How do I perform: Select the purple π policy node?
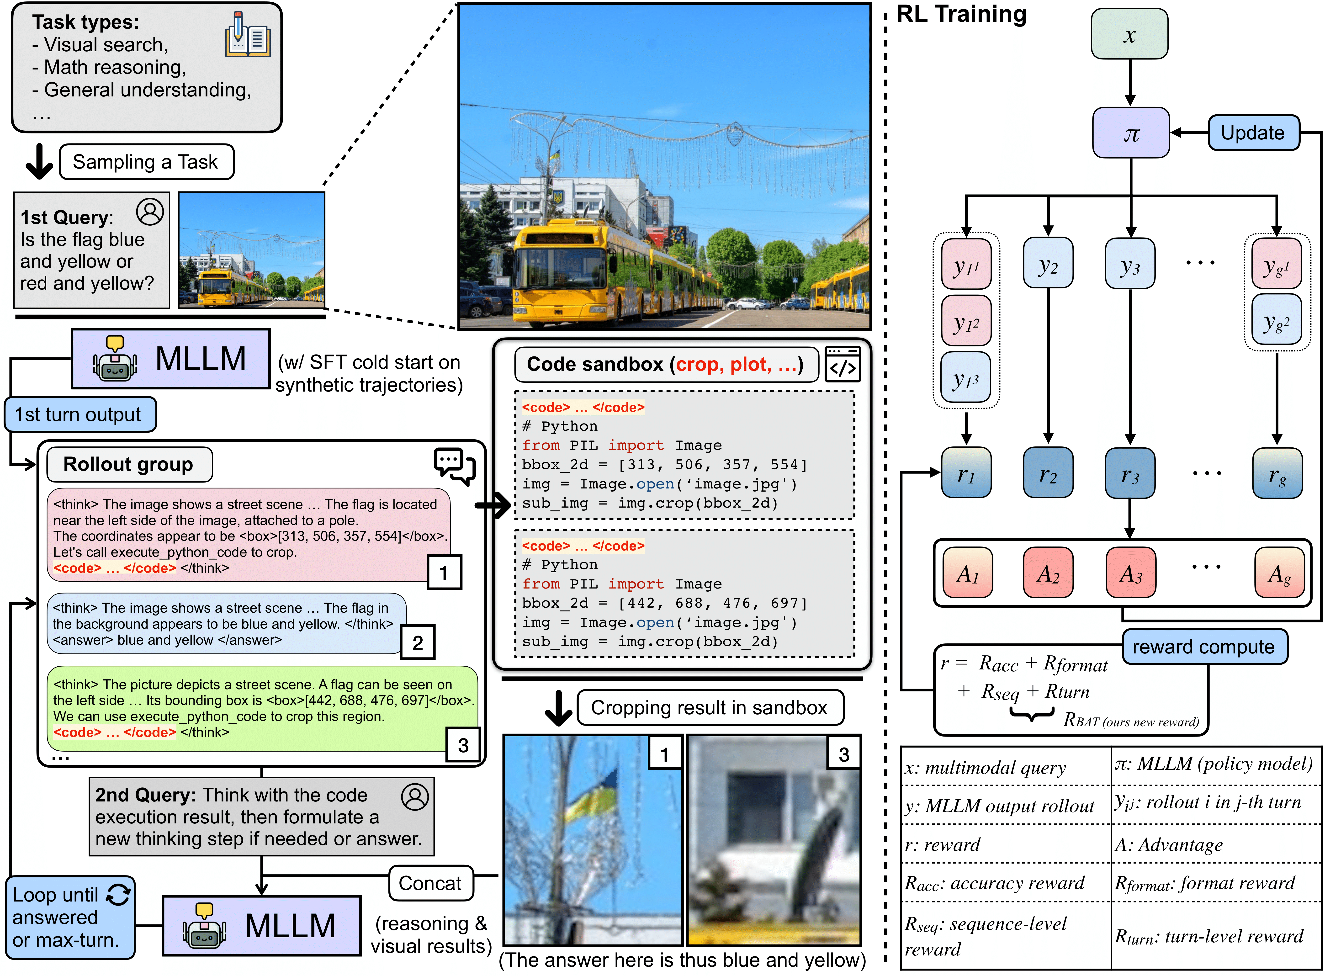pos(1131,133)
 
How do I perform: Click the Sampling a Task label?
pos(146,162)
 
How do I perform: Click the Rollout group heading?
pos(129,464)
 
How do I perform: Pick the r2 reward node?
pos(1048,473)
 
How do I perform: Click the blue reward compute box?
pos(1203,646)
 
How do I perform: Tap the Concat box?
pos(430,883)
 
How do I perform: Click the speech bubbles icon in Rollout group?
pos(454,466)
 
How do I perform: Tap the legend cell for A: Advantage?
pos(1216,844)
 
